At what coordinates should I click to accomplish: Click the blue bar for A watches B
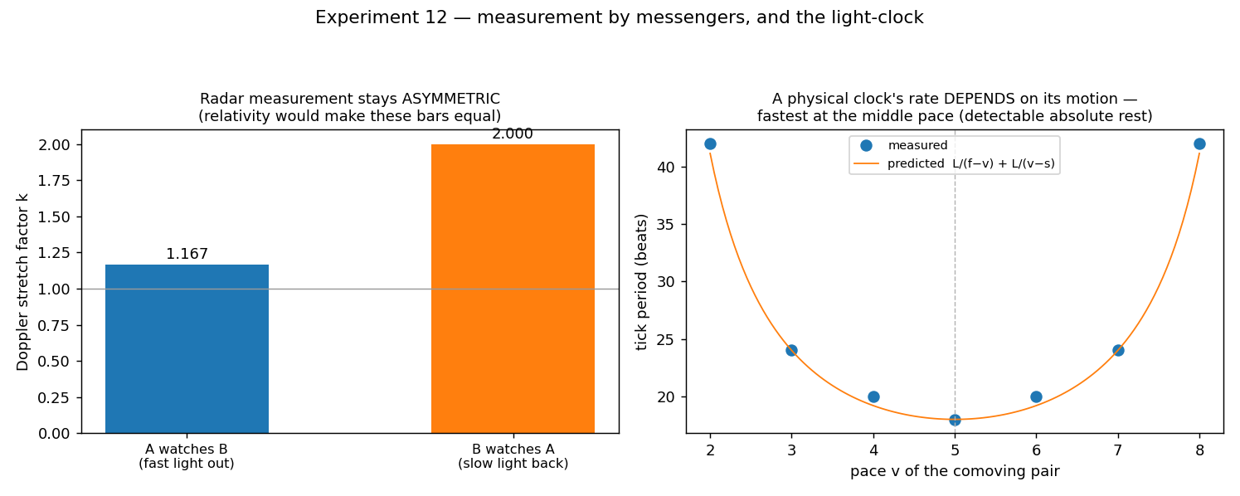click(187, 348)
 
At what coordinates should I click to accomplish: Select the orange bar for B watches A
click(513, 289)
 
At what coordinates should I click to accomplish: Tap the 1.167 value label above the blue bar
click(187, 254)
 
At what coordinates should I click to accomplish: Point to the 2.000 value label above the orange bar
click(513, 134)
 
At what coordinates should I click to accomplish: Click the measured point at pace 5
click(955, 421)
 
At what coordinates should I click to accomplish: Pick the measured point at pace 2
click(710, 144)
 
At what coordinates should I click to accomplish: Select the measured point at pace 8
click(1199, 144)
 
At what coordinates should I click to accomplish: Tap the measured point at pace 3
click(791, 350)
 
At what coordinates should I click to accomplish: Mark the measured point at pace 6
click(1036, 397)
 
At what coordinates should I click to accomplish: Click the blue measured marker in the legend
click(866, 146)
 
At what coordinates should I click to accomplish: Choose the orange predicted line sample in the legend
click(866, 164)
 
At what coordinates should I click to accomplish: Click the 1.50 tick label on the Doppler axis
click(54, 217)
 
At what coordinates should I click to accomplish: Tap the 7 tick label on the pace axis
click(1118, 450)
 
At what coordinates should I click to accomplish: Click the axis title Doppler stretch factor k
click(22, 282)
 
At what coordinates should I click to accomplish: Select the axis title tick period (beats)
click(642, 282)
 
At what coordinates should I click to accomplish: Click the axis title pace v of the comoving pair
click(955, 471)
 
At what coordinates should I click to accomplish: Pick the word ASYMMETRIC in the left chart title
click(451, 99)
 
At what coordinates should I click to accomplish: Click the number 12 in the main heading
click(436, 17)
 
